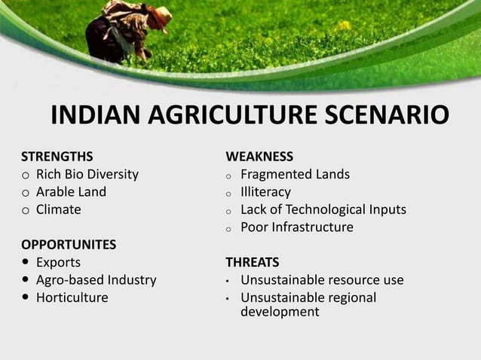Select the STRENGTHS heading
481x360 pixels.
(57, 157)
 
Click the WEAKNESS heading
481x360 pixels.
(259, 157)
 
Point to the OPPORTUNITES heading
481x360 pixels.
(69, 245)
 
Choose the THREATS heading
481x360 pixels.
(253, 263)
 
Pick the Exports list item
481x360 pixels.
(58, 263)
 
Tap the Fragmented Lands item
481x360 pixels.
(295, 175)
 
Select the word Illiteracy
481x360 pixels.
(265, 192)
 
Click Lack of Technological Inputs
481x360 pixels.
(323, 209)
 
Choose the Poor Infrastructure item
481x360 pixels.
(296, 227)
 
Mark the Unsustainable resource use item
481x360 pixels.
(322, 280)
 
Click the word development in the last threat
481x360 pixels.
(280, 312)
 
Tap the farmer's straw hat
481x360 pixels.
(159, 13)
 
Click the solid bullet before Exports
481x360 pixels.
(26, 263)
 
